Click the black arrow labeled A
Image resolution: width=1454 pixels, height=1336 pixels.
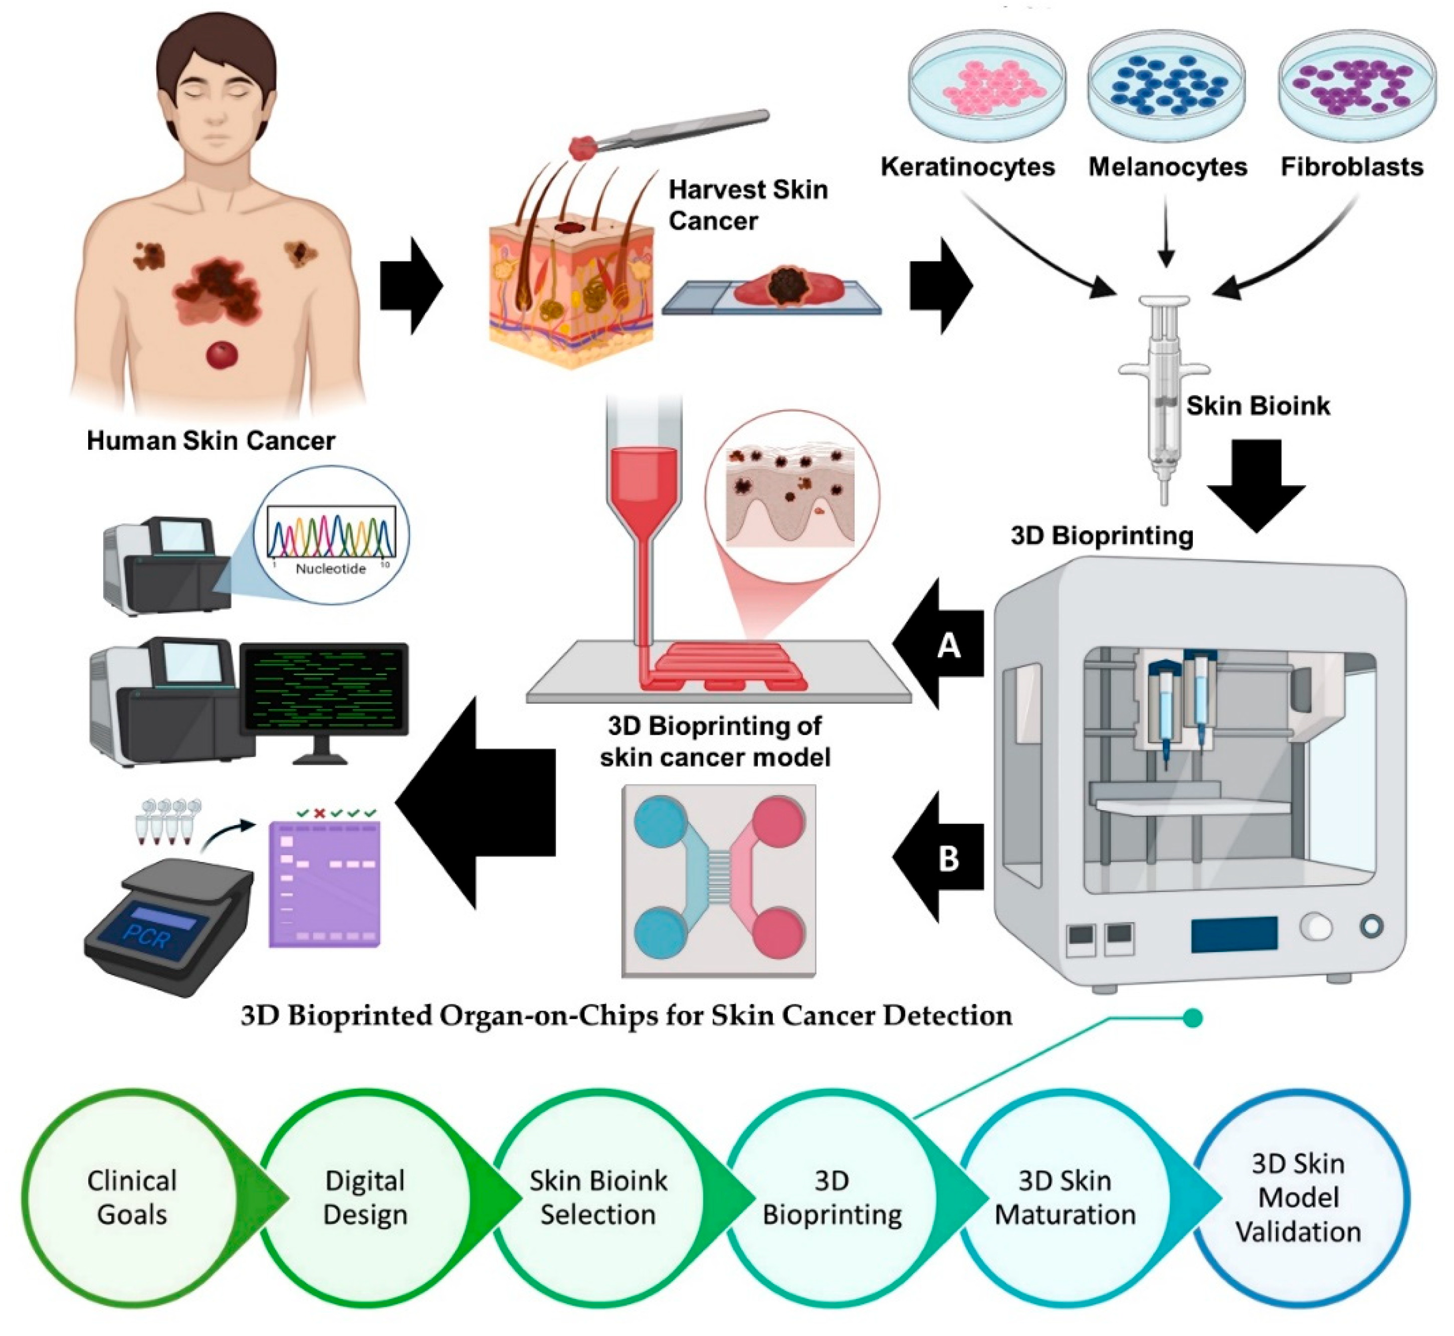coord(943,643)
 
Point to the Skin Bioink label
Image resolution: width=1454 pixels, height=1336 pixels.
coord(1258,406)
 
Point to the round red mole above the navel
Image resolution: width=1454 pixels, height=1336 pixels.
coord(222,355)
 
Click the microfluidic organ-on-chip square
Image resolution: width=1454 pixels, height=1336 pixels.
coord(719,880)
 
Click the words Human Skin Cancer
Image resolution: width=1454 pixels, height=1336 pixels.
coord(211,440)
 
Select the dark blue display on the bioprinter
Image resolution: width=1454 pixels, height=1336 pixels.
coord(1233,933)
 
